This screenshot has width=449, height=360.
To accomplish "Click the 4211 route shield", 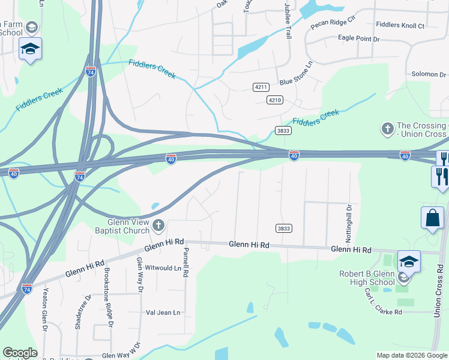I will click(260, 87).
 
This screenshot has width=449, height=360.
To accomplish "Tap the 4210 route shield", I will click(275, 100).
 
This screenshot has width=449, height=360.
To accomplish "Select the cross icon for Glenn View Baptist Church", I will click(158, 226).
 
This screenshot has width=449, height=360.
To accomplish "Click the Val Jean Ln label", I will click(163, 313).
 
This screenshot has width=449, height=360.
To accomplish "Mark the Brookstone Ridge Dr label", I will click(110, 302).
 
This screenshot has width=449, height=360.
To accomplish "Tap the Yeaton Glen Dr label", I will click(44, 310).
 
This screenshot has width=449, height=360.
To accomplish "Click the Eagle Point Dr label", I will click(360, 39).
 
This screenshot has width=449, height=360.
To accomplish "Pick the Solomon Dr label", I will click(424, 74).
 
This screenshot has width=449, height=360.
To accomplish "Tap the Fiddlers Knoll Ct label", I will click(399, 26).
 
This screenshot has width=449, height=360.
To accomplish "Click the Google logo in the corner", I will click(20, 353).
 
